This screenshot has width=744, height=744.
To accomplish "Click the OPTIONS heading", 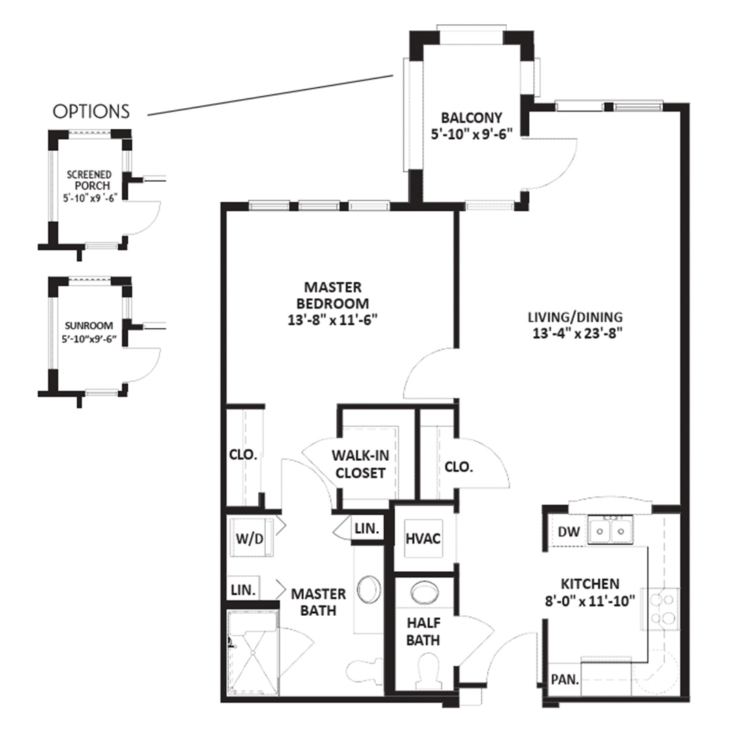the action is tap(91, 112).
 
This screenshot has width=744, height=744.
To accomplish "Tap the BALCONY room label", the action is tap(471, 117).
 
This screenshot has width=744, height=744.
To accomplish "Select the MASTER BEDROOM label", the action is tap(333, 295).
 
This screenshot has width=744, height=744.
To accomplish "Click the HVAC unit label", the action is tap(423, 539).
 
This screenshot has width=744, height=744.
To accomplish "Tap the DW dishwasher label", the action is tap(569, 531).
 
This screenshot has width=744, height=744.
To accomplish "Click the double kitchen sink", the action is tap(610, 530).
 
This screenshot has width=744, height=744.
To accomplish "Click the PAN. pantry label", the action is tap(565, 679).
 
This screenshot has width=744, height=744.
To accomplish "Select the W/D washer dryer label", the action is tap(249, 539).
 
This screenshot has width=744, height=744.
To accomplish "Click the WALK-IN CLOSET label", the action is tap(360, 464).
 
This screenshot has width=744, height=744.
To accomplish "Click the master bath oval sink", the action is tap(369, 590).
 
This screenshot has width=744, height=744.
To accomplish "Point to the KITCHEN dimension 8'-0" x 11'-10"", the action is tap(590, 601).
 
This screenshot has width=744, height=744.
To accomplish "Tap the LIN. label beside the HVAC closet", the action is tap(366, 528).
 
